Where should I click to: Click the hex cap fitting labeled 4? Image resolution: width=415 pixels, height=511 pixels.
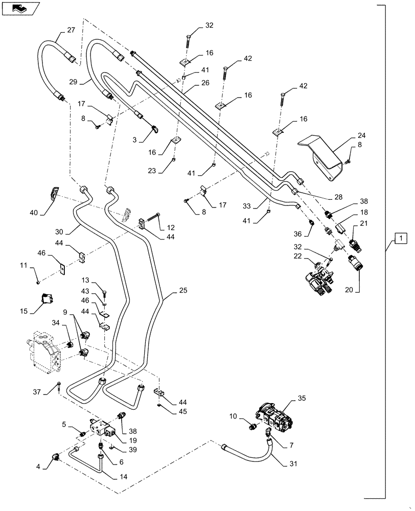(x=55, y=453)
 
